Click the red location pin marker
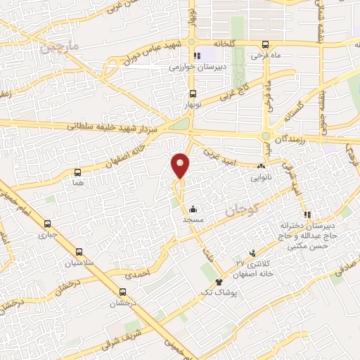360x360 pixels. point(181,165)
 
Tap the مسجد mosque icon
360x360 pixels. point(193,209)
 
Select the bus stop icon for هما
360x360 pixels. point(77,172)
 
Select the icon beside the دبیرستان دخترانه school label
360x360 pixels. point(304,214)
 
